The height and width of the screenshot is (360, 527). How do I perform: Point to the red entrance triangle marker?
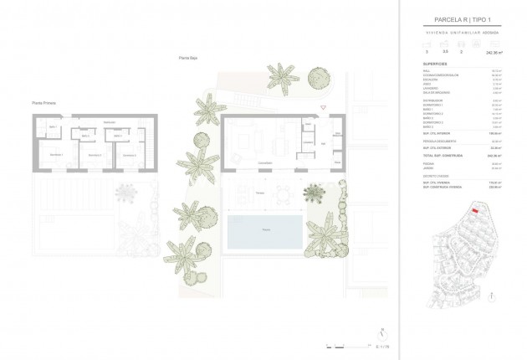pos(322,111)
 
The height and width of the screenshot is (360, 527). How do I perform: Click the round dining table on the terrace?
pos(282,193)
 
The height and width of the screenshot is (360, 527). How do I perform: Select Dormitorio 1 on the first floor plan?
pos(55,155)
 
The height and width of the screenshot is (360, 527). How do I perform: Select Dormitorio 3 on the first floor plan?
pos(128,155)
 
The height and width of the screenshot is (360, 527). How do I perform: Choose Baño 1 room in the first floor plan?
pos(51,127)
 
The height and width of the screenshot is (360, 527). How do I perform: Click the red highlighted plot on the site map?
pos(475,213)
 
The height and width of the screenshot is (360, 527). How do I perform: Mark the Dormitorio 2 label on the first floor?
pos(94,155)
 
